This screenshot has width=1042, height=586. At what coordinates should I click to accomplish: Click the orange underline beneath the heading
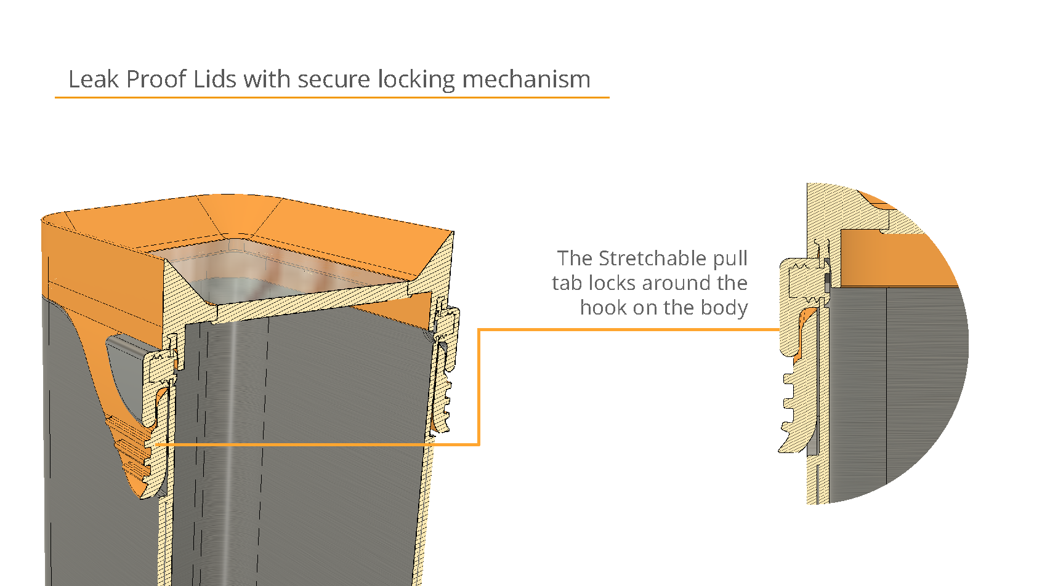point(332,97)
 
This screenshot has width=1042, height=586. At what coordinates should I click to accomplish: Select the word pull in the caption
point(730,259)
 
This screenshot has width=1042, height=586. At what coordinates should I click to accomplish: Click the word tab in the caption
point(567,283)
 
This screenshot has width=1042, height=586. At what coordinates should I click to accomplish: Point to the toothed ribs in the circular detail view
point(791,406)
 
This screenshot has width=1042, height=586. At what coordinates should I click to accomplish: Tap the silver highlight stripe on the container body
point(231,431)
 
